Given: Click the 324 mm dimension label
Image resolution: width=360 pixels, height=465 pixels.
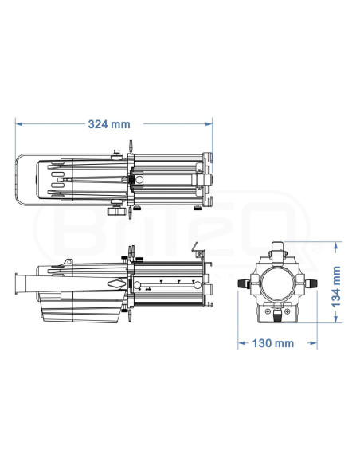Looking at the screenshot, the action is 109,124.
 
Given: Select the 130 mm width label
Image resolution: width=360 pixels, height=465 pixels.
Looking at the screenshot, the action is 273,343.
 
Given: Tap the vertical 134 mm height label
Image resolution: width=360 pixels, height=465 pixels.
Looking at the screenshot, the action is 336,287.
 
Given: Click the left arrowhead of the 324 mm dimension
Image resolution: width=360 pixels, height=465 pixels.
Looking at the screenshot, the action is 19,123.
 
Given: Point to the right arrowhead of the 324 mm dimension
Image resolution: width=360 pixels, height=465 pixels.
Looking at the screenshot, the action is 209,123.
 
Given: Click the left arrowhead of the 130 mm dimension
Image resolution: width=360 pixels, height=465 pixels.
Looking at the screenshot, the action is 241,343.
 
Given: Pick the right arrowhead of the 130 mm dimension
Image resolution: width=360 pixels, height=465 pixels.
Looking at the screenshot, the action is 314,343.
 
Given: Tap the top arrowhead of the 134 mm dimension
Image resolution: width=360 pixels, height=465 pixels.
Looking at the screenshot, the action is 335,246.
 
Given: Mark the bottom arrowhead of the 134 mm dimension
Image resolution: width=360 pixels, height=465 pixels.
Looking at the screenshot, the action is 335,318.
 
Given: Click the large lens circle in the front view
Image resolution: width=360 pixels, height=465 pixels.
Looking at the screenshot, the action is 276,283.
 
